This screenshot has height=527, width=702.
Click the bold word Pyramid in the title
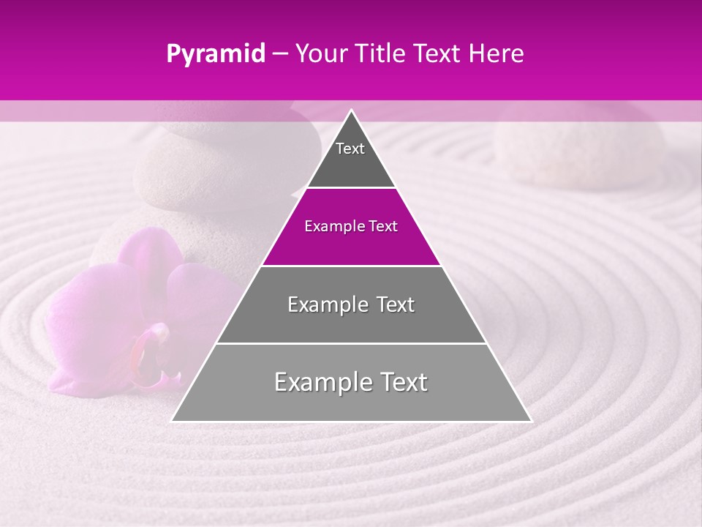coord(216,54)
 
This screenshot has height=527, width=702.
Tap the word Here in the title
coord(497,54)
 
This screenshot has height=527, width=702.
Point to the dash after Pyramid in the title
coord(279,54)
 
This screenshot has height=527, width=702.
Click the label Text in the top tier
coord(350,149)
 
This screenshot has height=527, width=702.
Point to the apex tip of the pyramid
coord(351,111)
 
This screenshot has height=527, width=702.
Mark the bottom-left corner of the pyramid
coord(173,420)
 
